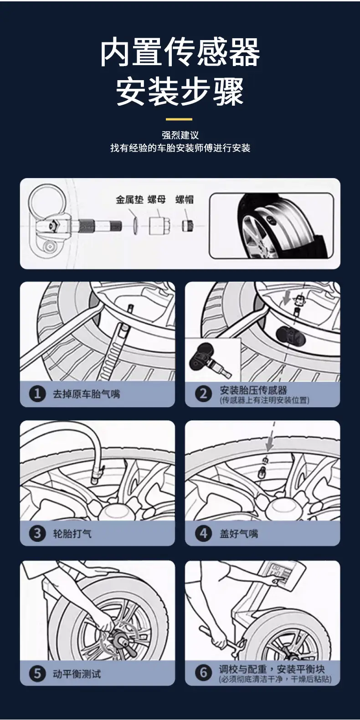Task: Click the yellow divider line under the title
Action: (x=179, y=119)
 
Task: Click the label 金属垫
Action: (x=129, y=199)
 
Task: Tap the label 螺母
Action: (x=157, y=199)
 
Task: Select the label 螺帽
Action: (x=185, y=199)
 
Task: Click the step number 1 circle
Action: (x=37, y=394)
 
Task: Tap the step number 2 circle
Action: (x=204, y=394)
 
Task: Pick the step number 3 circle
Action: (x=37, y=534)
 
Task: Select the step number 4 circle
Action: (x=204, y=534)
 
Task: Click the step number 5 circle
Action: (x=37, y=674)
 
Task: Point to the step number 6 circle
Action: (x=204, y=673)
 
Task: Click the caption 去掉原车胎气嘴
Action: (x=86, y=394)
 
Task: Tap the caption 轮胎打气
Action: (x=72, y=534)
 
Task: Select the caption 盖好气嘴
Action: (x=239, y=534)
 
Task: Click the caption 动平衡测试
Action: (x=77, y=674)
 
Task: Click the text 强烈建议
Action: (x=180, y=135)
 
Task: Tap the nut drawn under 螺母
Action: (x=159, y=225)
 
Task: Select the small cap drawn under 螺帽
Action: (x=188, y=225)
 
